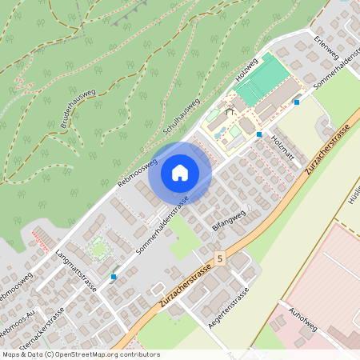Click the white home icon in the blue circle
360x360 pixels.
(179, 173)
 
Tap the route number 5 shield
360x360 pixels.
(220, 259)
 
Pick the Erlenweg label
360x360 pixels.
(327, 50)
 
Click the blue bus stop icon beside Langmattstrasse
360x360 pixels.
(114, 277)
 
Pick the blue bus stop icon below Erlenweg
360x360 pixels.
(296, 102)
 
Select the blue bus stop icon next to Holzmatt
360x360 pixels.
(259, 134)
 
